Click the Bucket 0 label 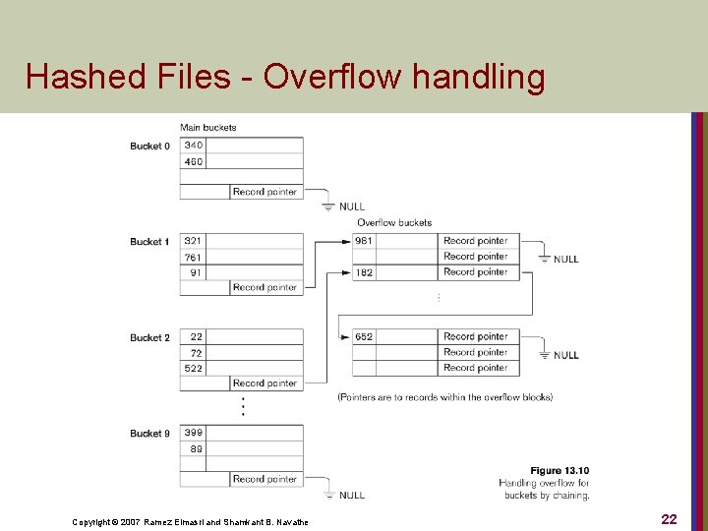coord(149,147)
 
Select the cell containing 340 coord(194,146)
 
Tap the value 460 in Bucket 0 coord(194,161)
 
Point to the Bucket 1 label coord(149,242)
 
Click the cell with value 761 coord(194,257)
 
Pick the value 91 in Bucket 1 coord(196,272)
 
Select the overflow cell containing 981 coord(364,241)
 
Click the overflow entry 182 coord(364,272)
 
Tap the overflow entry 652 coord(364,336)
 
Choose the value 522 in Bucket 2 coord(194,368)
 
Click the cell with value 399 coord(194,433)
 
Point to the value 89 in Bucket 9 coord(196,448)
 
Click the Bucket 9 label coord(149,434)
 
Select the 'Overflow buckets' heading coord(393,223)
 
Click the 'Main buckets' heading coord(207,128)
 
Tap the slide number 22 coord(669,519)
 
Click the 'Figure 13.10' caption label coord(560,471)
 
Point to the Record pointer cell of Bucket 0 coord(265,192)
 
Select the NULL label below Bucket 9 coord(351,495)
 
